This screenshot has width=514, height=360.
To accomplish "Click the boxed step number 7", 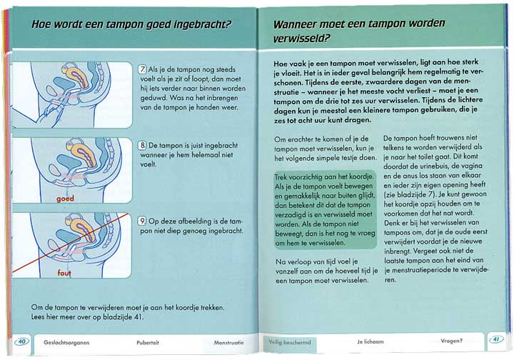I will (x=143, y=69).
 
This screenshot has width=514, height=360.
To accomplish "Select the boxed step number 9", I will (x=143, y=221).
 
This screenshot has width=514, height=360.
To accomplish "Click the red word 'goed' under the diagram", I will (x=66, y=199).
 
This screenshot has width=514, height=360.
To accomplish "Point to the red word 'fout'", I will (x=65, y=273).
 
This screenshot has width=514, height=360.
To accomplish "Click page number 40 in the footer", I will (x=21, y=341).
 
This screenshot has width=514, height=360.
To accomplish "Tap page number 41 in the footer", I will (x=494, y=339).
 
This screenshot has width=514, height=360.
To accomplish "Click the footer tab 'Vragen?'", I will (x=451, y=340).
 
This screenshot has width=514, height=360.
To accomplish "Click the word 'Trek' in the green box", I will (x=283, y=174).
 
